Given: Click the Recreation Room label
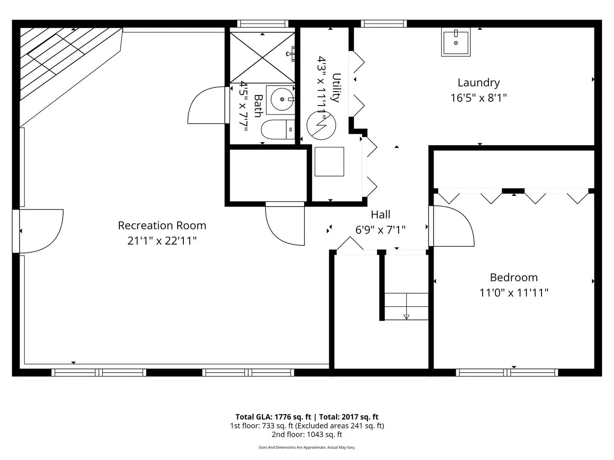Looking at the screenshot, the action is tap(162, 225).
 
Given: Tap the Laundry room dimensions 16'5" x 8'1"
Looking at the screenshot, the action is tap(478, 98).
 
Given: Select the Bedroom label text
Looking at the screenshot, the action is tap(514, 277).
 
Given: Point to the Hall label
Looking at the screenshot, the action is tap(380, 215).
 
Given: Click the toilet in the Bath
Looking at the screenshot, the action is tap(278, 129).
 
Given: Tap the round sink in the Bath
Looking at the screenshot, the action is tap(282, 99).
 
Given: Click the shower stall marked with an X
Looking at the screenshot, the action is tap(262, 57).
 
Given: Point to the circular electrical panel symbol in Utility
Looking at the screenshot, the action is tap(321, 125).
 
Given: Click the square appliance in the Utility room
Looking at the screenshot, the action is tap(329, 162).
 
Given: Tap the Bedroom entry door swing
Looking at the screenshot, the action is tap(452, 226).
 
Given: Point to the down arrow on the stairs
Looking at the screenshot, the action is tap(406, 317).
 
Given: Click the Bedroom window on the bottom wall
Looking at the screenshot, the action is tap(507, 373).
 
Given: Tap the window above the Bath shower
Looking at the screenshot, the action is tap(263, 24).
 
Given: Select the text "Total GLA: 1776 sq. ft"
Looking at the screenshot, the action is tap(273, 417).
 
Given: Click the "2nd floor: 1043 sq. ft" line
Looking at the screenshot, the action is tap(307, 434).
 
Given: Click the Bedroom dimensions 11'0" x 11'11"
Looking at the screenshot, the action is tap(514, 293).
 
